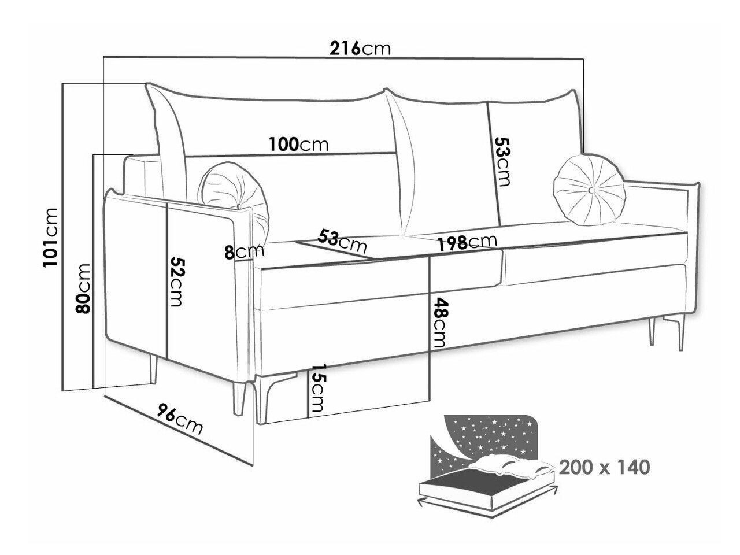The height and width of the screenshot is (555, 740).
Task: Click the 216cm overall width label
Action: click(360, 49)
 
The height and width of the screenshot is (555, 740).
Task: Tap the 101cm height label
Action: click(50, 238)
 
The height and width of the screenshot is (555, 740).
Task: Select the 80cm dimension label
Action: click(83, 288)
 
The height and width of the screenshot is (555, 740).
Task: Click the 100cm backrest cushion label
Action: click(298, 144)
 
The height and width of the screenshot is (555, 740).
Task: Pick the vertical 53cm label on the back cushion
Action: click(502, 162)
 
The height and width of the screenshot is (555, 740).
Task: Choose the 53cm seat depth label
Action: click(342, 240)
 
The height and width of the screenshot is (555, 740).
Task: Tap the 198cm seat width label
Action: click(467, 242)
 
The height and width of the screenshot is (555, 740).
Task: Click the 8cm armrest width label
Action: click(244, 251)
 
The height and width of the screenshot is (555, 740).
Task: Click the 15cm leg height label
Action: click(317, 387)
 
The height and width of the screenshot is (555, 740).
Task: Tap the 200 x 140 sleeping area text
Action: click(605, 467)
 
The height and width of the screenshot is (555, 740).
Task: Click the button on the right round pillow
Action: click(592, 190)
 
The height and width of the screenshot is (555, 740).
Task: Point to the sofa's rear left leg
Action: click(153, 369)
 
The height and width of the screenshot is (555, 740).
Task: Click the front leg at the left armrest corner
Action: click(239, 398)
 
